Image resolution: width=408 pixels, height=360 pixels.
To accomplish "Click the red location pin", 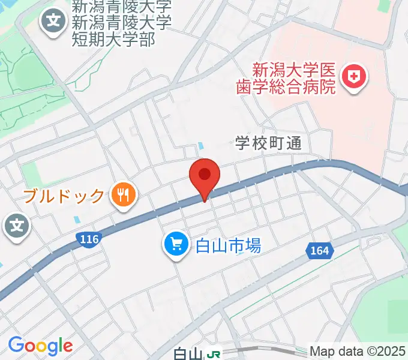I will (x=205, y=176).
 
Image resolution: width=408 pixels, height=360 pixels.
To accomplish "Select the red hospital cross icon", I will (x=354, y=77).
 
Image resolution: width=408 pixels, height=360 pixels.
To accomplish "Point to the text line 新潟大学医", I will (x=292, y=69).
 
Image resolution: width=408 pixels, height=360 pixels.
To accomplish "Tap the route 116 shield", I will (x=88, y=239).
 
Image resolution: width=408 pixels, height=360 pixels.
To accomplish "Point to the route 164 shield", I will (x=320, y=250).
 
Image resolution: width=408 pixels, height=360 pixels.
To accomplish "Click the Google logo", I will (x=40, y=346).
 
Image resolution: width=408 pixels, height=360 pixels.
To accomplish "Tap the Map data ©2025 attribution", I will (x=358, y=352).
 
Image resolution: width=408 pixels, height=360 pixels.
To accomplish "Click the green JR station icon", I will (x=212, y=354).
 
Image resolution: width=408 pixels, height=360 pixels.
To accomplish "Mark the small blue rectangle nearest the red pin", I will (x=200, y=146).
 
